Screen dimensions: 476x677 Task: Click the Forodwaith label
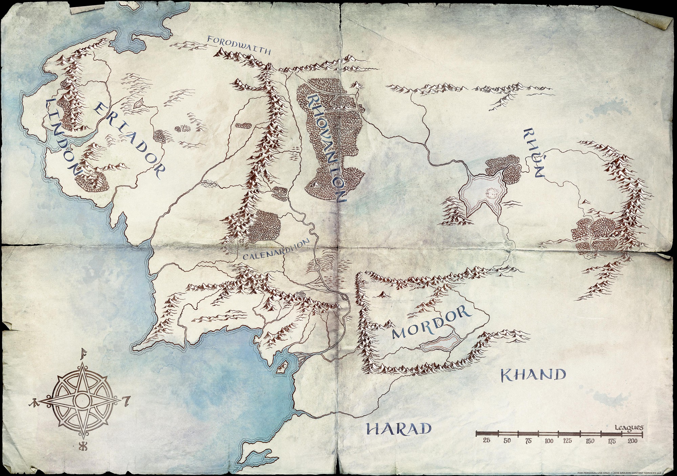point(239,45)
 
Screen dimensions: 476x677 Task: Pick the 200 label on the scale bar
point(632,441)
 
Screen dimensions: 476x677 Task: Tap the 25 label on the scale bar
point(487,440)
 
